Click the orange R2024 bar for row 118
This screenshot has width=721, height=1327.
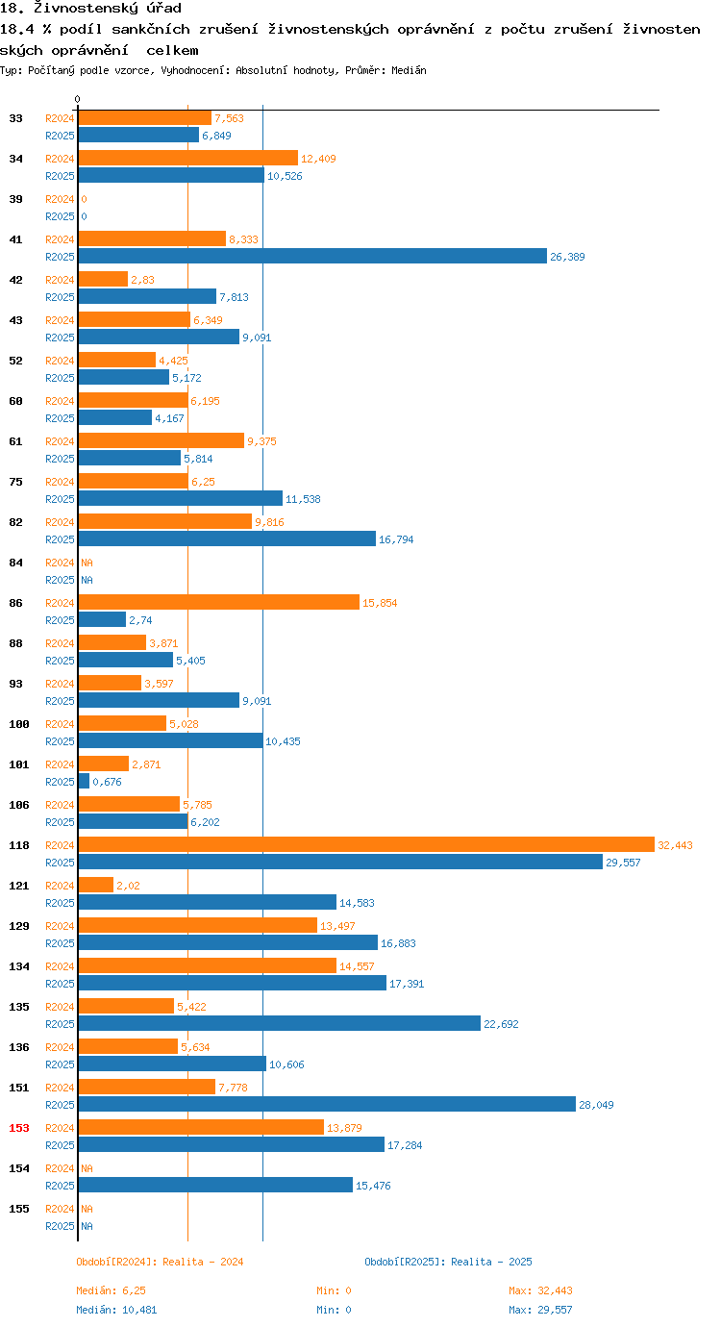(x=365, y=844)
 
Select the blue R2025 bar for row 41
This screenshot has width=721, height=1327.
(x=312, y=256)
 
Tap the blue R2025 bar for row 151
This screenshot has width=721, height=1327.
(x=327, y=1104)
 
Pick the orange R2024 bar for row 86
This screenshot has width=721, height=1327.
(x=218, y=602)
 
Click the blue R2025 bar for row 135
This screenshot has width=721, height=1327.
(x=279, y=1023)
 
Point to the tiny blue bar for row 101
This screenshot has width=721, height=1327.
(x=84, y=781)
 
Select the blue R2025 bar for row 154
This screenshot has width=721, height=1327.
(x=215, y=1185)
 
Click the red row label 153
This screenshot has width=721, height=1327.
(x=19, y=1128)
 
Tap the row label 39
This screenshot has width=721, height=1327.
(x=16, y=199)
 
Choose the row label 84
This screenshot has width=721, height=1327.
(x=16, y=563)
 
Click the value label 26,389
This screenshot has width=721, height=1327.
(x=567, y=257)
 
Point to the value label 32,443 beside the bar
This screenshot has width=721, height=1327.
(x=675, y=845)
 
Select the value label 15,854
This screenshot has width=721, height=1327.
(x=380, y=603)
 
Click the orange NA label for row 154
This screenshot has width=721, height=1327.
(x=87, y=1168)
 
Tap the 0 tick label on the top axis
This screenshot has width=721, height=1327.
(x=78, y=99)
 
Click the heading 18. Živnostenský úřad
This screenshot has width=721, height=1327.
(x=91, y=9)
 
